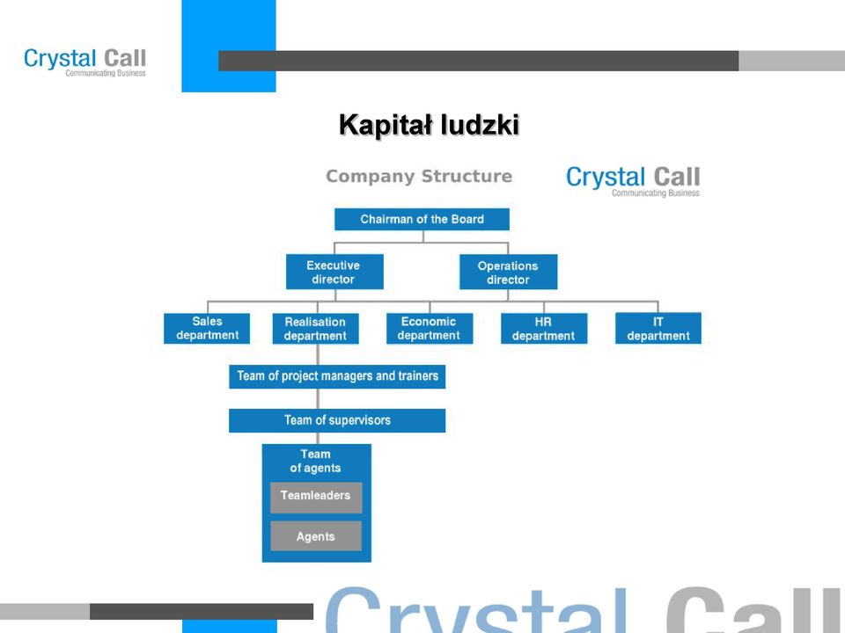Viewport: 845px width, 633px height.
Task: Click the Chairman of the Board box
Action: pyautogui.click(x=422, y=219)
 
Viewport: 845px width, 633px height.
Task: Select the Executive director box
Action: pyautogui.click(x=334, y=272)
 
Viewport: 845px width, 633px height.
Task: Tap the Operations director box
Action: pyautogui.click(x=508, y=272)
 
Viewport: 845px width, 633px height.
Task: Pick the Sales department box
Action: pyautogui.click(x=207, y=328)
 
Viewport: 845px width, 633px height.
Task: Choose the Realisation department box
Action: pyautogui.click(x=316, y=328)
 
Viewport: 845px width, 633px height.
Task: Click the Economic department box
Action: pyautogui.click(x=430, y=328)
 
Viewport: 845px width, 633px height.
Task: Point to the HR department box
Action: pyautogui.click(x=544, y=328)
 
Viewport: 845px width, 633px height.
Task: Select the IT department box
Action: pyautogui.click(x=658, y=328)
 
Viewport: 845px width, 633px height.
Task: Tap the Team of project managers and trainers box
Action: pyautogui.click(x=337, y=376)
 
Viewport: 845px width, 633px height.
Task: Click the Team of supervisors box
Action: pyautogui.click(x=337, y=420)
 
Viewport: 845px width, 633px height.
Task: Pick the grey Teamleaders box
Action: pyautogui.click(x=316, y=498)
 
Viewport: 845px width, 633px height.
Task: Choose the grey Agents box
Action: pyautogui.click(x=316, y=536)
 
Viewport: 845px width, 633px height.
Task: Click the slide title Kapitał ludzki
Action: pyautogui.click(x=429, y=126)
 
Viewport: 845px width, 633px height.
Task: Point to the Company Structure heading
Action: pyautogui.click(x=419, y=176)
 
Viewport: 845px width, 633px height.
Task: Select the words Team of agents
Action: pyautogui.click(x=315, y=462)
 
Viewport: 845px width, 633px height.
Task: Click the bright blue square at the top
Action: pyautogui.click(x=229, y=47)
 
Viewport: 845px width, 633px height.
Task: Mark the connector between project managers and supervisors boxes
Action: pyautogui.click(x=318, y=399)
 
